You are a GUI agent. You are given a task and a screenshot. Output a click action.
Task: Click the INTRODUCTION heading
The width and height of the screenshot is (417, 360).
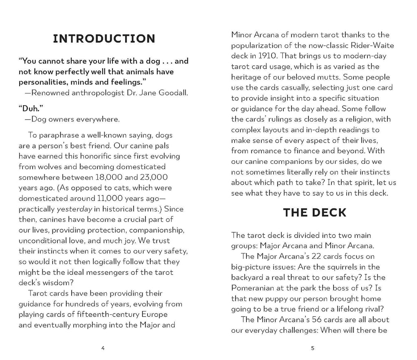pyautogui.click(x=104, y=39)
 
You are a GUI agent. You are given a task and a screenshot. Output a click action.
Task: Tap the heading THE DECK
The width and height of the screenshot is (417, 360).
pyautogui.click(x=314, y=212)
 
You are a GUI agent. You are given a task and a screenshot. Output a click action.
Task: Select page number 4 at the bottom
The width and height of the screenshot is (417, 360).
pyautogui.click(x=103, y=348)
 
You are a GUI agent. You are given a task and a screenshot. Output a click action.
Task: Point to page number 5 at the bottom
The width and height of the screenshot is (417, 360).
pyautogui.click(x=313, y=348)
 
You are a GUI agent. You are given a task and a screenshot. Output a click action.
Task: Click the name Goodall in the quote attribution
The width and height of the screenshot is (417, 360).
pyautogui.click(x=172, y=93)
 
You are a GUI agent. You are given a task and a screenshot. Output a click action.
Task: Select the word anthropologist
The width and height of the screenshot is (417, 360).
pyautogui.click(x=103, y=93)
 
